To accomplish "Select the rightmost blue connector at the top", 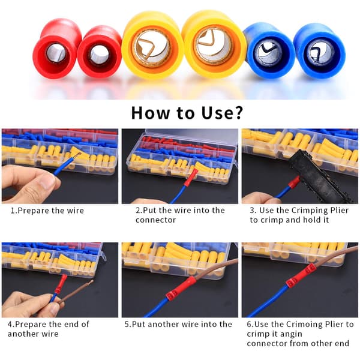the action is (x=319, y=51).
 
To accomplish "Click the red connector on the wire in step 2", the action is (x=190, y=179).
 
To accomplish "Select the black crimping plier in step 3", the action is (x=319, y=175).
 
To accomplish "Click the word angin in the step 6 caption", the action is (x=290, y=334).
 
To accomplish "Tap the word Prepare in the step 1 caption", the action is (x=33, y=211).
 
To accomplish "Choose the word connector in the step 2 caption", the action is (x=155, y=220).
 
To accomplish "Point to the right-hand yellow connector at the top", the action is (x=214, y=44).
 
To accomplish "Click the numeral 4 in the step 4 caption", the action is (x=10, y=325).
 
